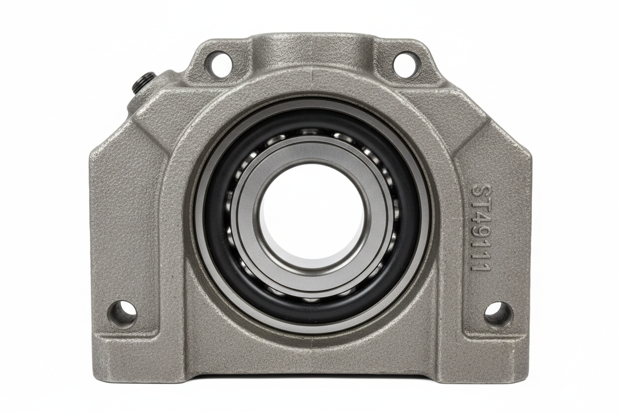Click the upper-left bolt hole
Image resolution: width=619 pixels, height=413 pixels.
pyautogui.click(x=218, y=64)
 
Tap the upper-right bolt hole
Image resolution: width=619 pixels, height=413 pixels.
pyautogui.click(x=404, y=64)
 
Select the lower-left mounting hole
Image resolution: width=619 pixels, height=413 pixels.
pyautogui.click(x=122, y=313)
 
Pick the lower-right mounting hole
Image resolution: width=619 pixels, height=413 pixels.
pyautogui.click(x=497, y=314)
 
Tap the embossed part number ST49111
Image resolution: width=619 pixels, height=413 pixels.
pyautogui.click(x=481, y=228)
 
